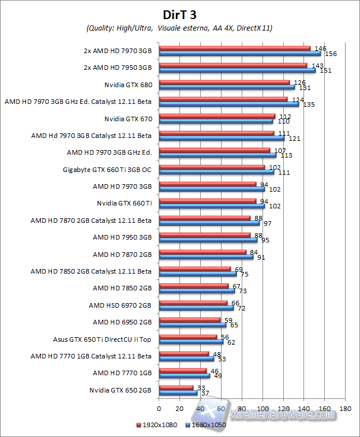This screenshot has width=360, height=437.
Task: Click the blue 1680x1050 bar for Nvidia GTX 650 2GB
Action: [178, 393]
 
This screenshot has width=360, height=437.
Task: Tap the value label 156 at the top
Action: [331, 54]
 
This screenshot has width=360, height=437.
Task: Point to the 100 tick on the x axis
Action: [262, 409]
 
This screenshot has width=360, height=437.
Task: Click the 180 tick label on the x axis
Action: [345, 409]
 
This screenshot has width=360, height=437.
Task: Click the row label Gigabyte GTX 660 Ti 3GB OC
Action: [107, 170]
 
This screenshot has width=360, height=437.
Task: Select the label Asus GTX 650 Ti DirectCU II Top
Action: [102, 339]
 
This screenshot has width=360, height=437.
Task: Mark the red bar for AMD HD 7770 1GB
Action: [182, 371]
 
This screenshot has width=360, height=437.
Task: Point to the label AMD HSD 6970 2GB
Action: [120, 305]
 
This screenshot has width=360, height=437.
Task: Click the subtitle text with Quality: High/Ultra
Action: [179, 28]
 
